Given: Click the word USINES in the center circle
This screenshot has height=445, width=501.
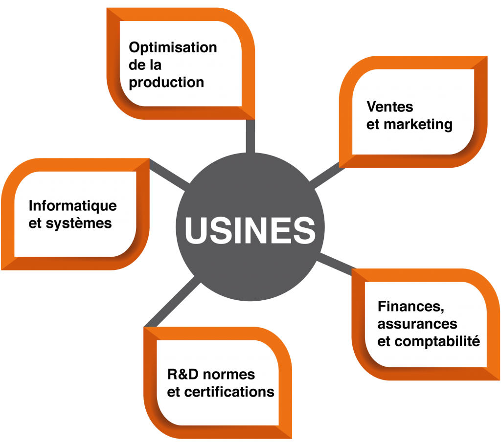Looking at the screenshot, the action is [250, 230].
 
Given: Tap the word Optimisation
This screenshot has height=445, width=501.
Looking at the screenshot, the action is [173, 48].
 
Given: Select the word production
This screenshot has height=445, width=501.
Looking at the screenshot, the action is [166, 83].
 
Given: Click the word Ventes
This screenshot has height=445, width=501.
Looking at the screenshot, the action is [390, 107].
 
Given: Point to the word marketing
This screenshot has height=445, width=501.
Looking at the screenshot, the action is [418, 125].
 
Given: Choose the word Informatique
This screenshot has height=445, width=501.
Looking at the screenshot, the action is [73, 206].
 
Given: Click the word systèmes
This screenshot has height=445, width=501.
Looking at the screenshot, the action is [79, 223].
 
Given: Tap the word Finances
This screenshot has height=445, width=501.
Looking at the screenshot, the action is [411, 307].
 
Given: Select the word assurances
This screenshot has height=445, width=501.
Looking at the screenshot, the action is [417, 324].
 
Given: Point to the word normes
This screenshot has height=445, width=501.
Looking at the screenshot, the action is [229, 375].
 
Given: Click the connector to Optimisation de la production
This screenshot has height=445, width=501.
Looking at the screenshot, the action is [250, 136].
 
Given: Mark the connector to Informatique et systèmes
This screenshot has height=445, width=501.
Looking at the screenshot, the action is [169, 175].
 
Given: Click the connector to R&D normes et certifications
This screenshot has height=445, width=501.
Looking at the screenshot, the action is [172, 302].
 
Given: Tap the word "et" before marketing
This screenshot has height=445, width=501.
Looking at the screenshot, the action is [372, 125].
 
